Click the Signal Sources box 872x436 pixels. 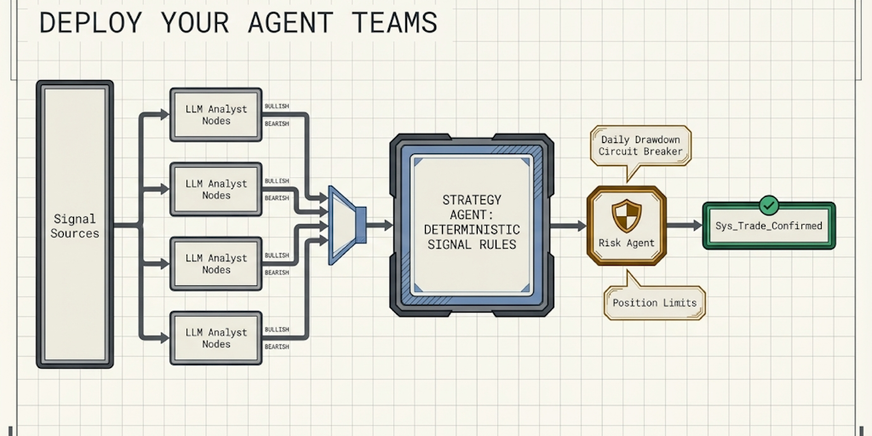pyautogui.click(x=75, y=226)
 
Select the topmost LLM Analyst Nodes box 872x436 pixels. pyautogui.click(x=216, y=114)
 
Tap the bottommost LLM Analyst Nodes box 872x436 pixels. pyautogui.click(x=216, y=338)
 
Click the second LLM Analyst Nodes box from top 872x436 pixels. pyautogui.click(x=216, y=189)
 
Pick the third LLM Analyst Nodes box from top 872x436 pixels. pyautogui.click(x=216, y=263)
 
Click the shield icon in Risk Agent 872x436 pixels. pyautogui.click(x=627, y=215)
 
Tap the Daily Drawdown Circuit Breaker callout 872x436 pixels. pyautogui.click(x=641, y=146)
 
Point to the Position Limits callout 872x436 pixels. pyautogui.click(x=654, y=302)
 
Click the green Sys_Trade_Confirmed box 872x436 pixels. pyautogui.click(x=769, y=226)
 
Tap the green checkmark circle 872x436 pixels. pyautogui.click(x=769, y=204)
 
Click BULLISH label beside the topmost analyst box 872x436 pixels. pyautogui.click(x=277, y=106)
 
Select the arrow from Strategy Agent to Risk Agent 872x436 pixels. pyautogui.click(x=567, y=226)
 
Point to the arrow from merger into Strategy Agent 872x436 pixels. pyautogui.click(x=380, y=226)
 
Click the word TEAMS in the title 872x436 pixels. pyautogui.click(x=391, y=22)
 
